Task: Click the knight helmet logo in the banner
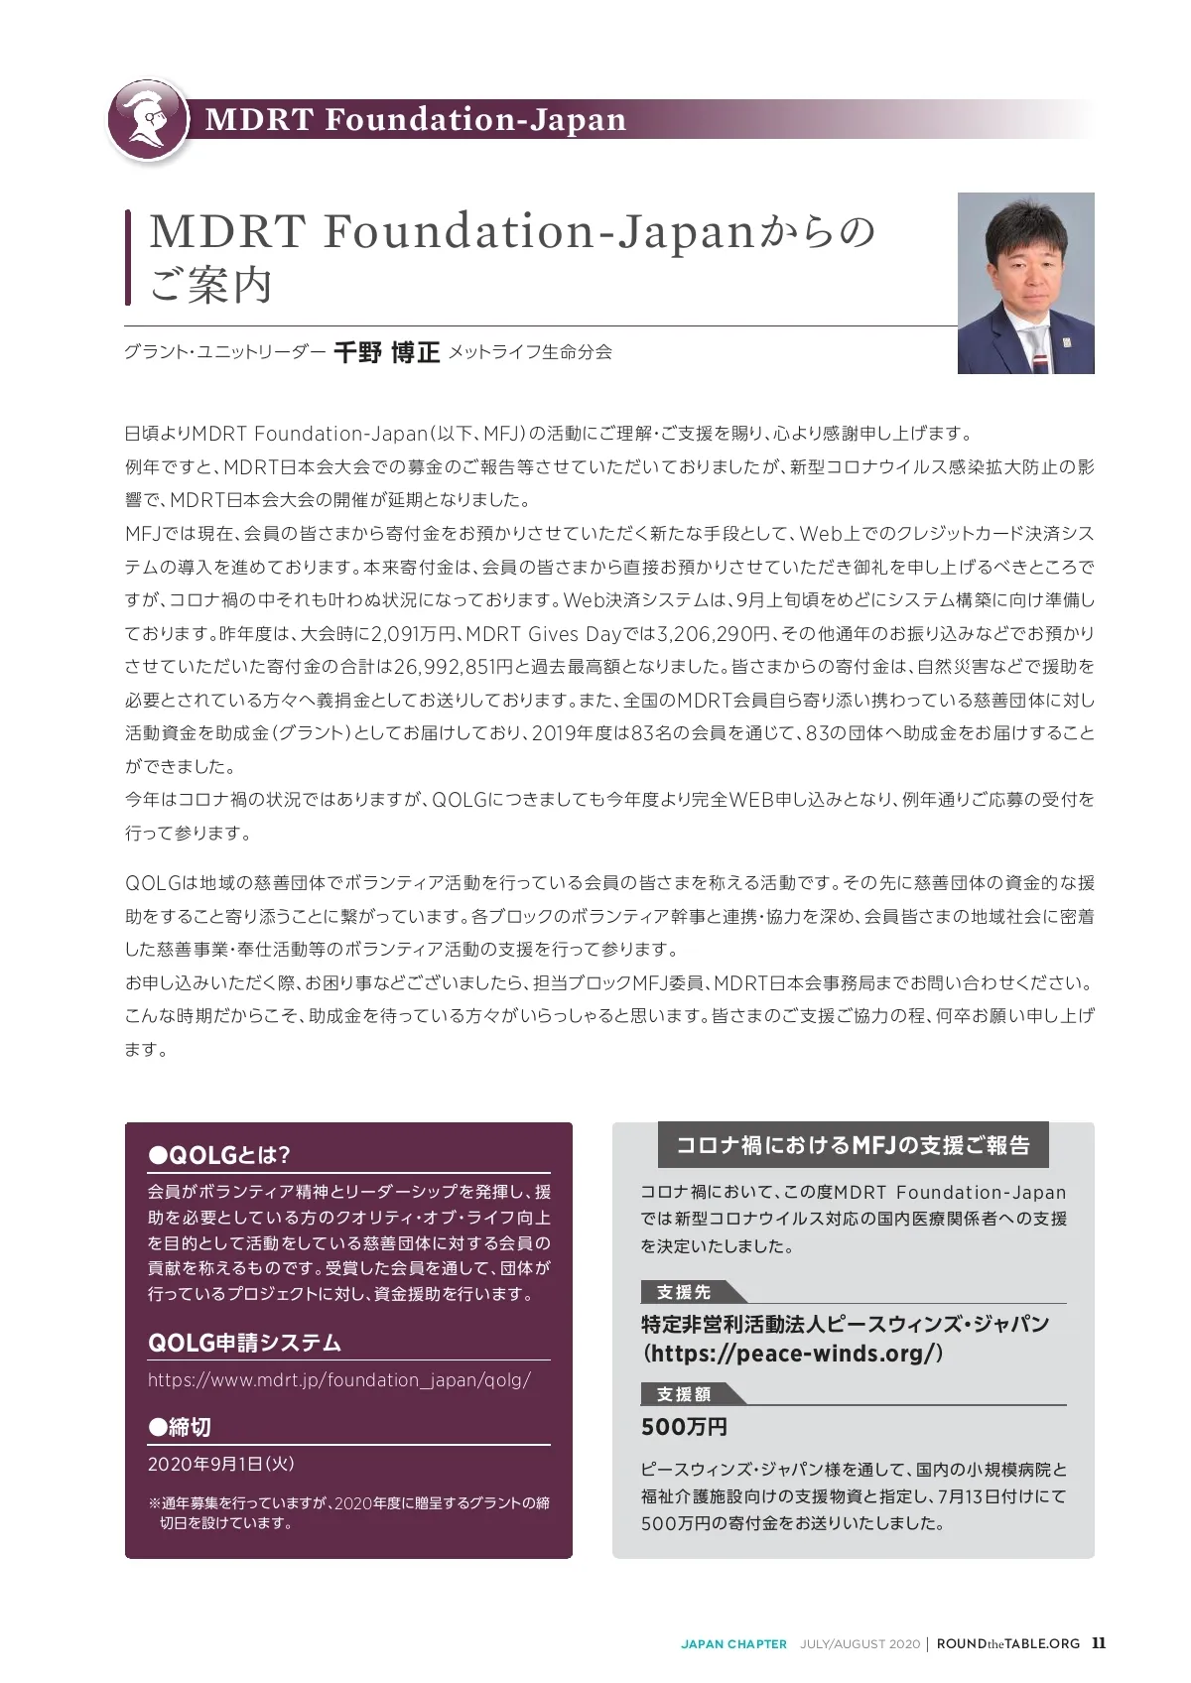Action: pyautogui.click(x=149, y=119)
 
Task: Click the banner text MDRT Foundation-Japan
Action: pyautogui.click(x=416, y=120)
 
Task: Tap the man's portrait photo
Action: pyautogui.click(x=1025, y=283)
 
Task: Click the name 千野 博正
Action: pyautogui.click(x=386, y=352)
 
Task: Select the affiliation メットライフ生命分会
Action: pyautogui.click(x=530, y=352)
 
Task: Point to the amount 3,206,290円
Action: pyautogui.click(x=714, y=633)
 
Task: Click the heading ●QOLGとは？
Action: pyautogui.click(x=218, y=1155)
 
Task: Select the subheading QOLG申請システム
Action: pyautogui.click(x=244, y=1343)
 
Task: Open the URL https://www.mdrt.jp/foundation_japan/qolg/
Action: pyautogui.click(x=339, y=1380)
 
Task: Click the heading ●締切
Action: pyautogui.click(x=180, y=1427)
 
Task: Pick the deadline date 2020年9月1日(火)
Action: pyautogui.click(x=221, y=1464)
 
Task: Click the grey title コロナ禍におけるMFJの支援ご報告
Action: pyautogui.click(x=853, y=1145)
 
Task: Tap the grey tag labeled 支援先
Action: pyautogui.click(x=684, y=1292)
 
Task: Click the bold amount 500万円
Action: pyautogui.click(x=684, y=1427)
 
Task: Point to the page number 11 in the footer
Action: pyautogui.click(x=1099, y=1642)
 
